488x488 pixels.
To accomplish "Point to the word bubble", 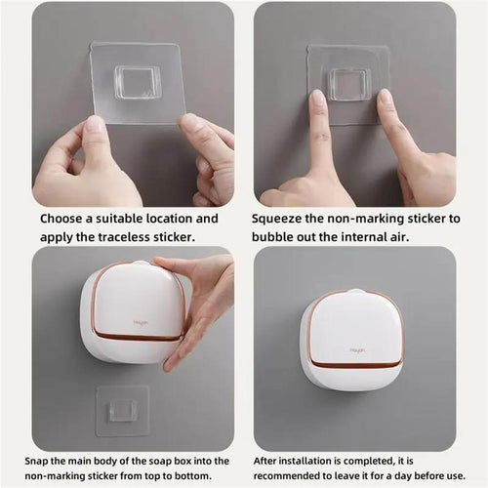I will tap(278, 237).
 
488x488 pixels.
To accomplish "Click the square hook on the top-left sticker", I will tap(137, 82).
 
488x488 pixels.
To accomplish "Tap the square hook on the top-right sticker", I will tap(348, 84).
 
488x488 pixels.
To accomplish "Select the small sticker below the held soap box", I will tap(122, 409).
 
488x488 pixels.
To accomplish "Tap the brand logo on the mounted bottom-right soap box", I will tap(357, 348).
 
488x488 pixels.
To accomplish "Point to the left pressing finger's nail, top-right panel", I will tap(317, 102).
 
